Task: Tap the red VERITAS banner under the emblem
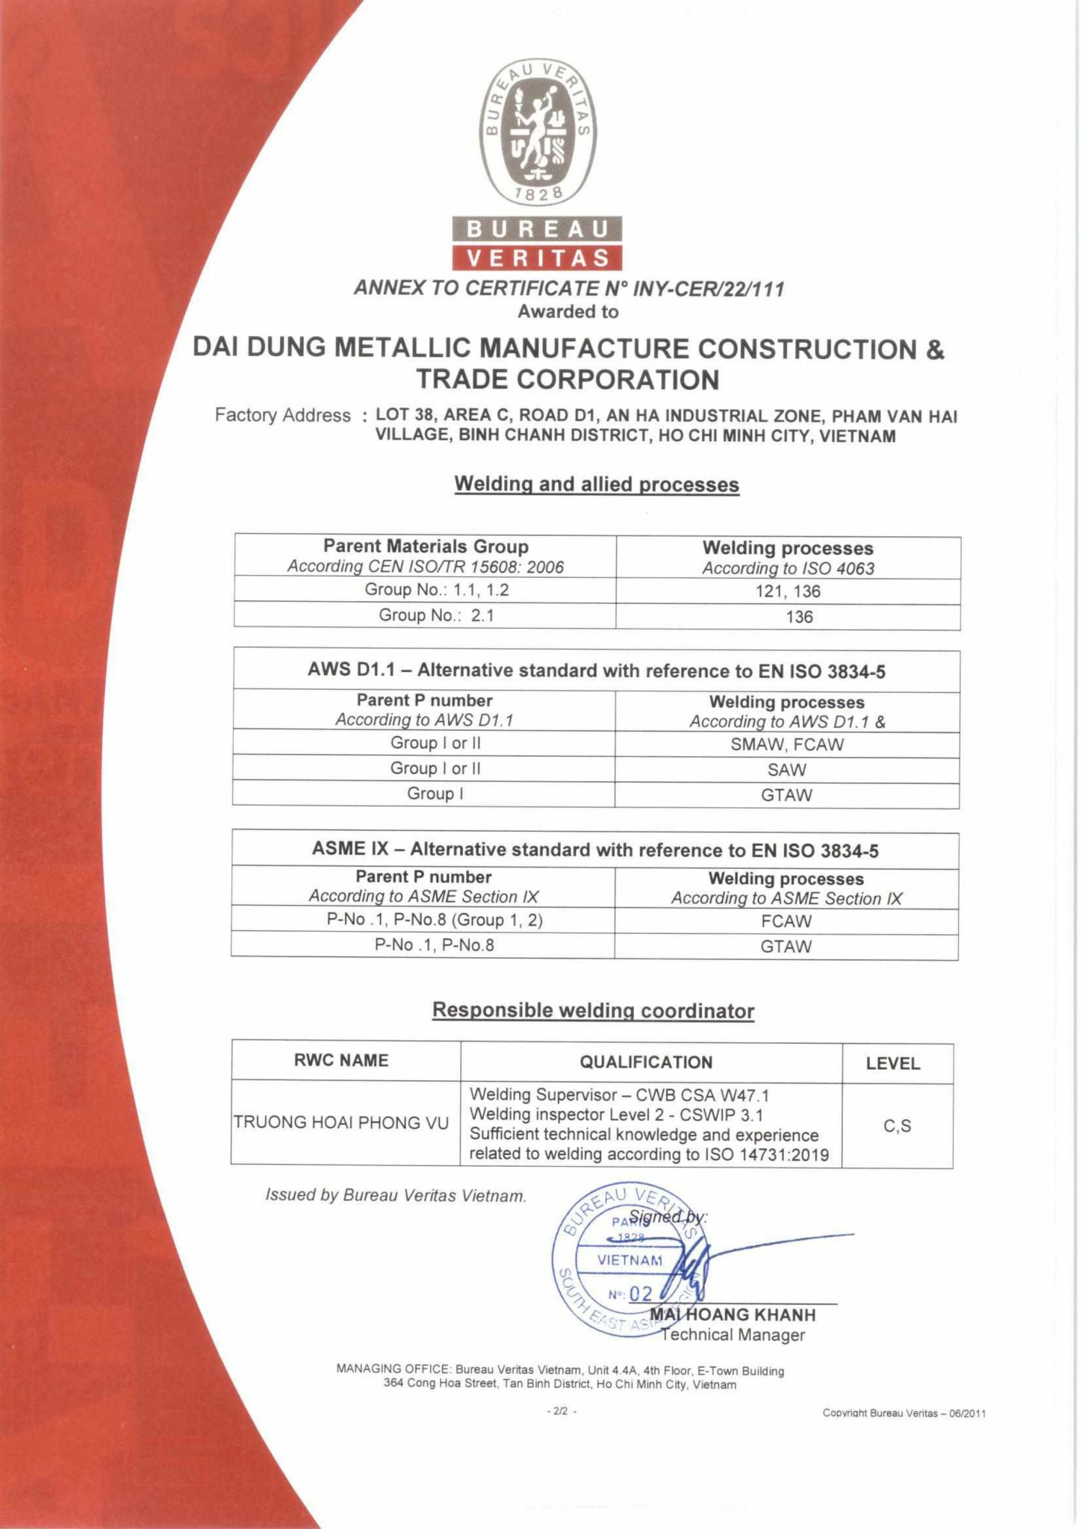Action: pyautogui.click(x=535, y=258)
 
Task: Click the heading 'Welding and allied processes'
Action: pyautogui.click(x=597, y=485)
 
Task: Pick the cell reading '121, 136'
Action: pyautogui.click(x=788, y=591)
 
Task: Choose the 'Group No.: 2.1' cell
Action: pyautogui.click(x=425, y=616)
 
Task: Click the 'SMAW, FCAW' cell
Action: pyautogui.click(x=786, y=744)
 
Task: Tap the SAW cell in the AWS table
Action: pyautogui.click(x=786, y=770)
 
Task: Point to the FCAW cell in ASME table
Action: pyautogui.click(x=786, y=921)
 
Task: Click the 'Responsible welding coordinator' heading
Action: pyautogui.click(x=594, y=1011)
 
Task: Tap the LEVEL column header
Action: pyautogui.click(x=892, y=1063)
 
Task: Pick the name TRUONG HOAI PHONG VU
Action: pyautogui.click(x=341, y=1122)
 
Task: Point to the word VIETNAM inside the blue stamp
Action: pyautogui.click(x=629, y=1260)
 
